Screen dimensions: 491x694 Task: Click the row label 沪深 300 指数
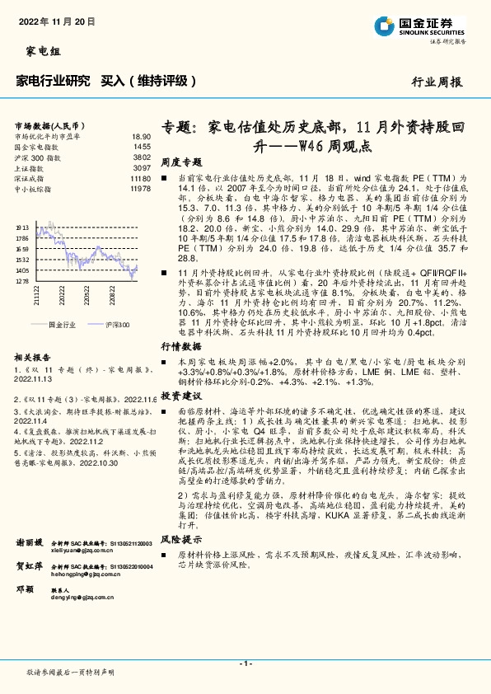[x=37, y=157]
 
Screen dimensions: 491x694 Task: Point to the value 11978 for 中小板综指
[x=140, y=189]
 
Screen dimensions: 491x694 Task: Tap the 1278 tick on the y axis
[x=22, y=281]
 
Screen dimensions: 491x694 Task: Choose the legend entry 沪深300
[x=118, y=325]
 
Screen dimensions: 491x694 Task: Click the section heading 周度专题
[x=181, y=162]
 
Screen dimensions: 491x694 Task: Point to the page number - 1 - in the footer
[x=245, y=663]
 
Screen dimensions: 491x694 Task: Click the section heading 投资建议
[x=181, y=396]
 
